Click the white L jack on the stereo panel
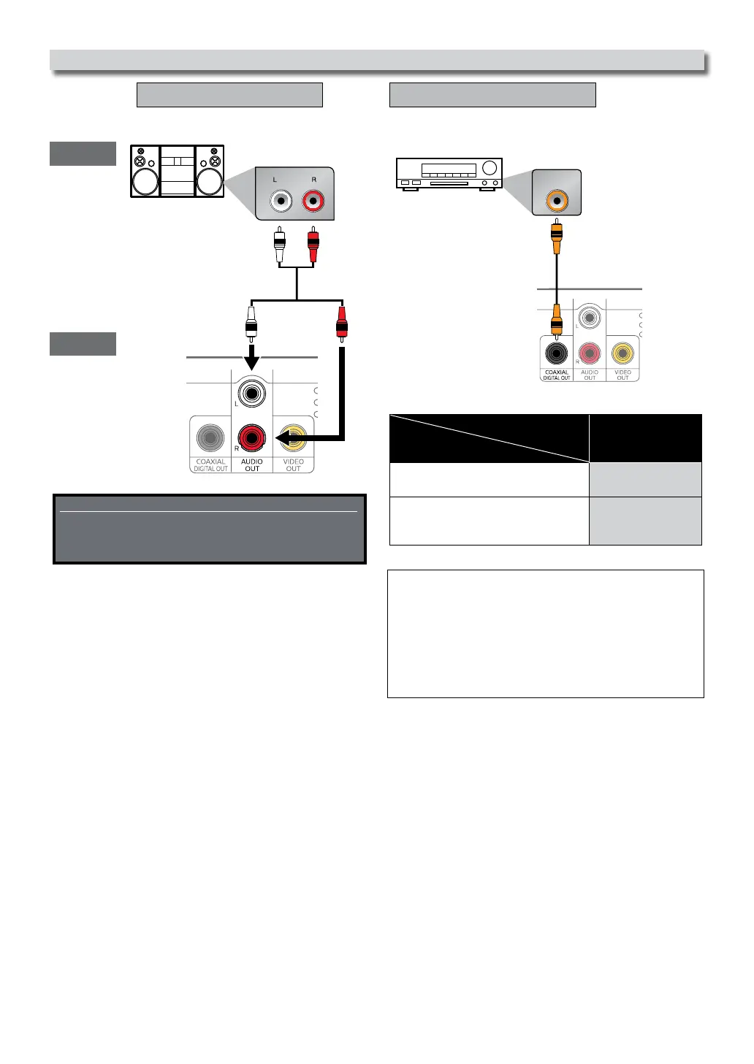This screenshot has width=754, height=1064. (x=281, y=200)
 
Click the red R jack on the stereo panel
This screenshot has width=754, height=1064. (x=314, y=200)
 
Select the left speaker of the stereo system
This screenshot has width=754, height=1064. (x=145, y=180)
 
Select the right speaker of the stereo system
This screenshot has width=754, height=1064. (x=210, y=180)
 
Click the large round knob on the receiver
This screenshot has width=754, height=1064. (x=490, y=168)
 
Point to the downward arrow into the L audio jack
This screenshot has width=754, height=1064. (x=251, y=359)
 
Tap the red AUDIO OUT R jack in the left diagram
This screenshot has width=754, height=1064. (x=252, y=438)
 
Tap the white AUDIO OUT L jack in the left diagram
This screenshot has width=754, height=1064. (x=252, y=394)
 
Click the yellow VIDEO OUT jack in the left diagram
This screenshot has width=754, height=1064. (x=293, y=438)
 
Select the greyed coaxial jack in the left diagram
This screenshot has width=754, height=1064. (x=210, y=438)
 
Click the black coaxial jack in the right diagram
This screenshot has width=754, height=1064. (x=557, y=355)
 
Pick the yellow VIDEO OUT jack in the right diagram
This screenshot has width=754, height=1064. (x=622, y=355)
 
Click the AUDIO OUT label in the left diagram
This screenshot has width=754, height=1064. (x=252, y=465)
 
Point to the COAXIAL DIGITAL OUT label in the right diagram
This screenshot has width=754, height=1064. (x=557, y=375)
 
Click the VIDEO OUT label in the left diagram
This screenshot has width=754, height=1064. (x=293, y=465)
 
